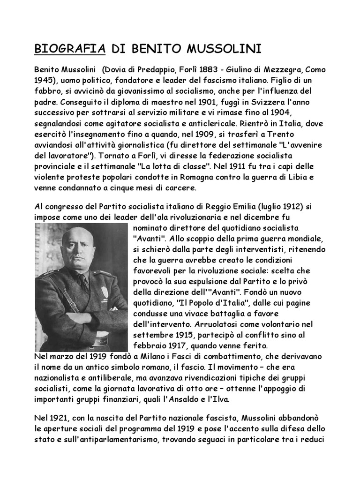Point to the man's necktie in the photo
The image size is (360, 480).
(x=83, y=281)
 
